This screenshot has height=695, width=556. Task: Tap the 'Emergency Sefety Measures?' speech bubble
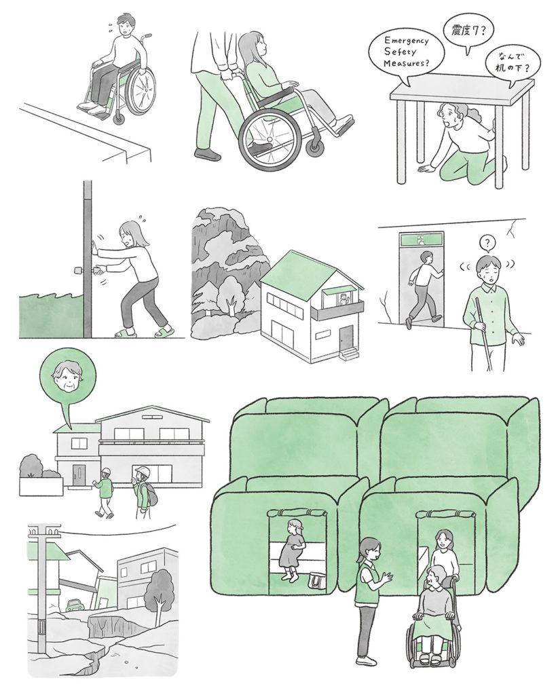[407, 53]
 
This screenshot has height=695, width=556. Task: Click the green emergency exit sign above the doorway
[420, 240]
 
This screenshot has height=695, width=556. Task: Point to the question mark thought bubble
[487, 242]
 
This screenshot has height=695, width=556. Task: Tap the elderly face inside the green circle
[67, 377]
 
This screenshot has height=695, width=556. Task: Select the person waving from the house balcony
[344, 299]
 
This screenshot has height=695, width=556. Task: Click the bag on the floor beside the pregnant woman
[318, 581]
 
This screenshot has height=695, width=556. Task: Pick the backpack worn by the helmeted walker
[151, 495]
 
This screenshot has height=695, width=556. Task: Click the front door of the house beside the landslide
[346, 339]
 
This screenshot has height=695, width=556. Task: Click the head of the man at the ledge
[127, 26]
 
